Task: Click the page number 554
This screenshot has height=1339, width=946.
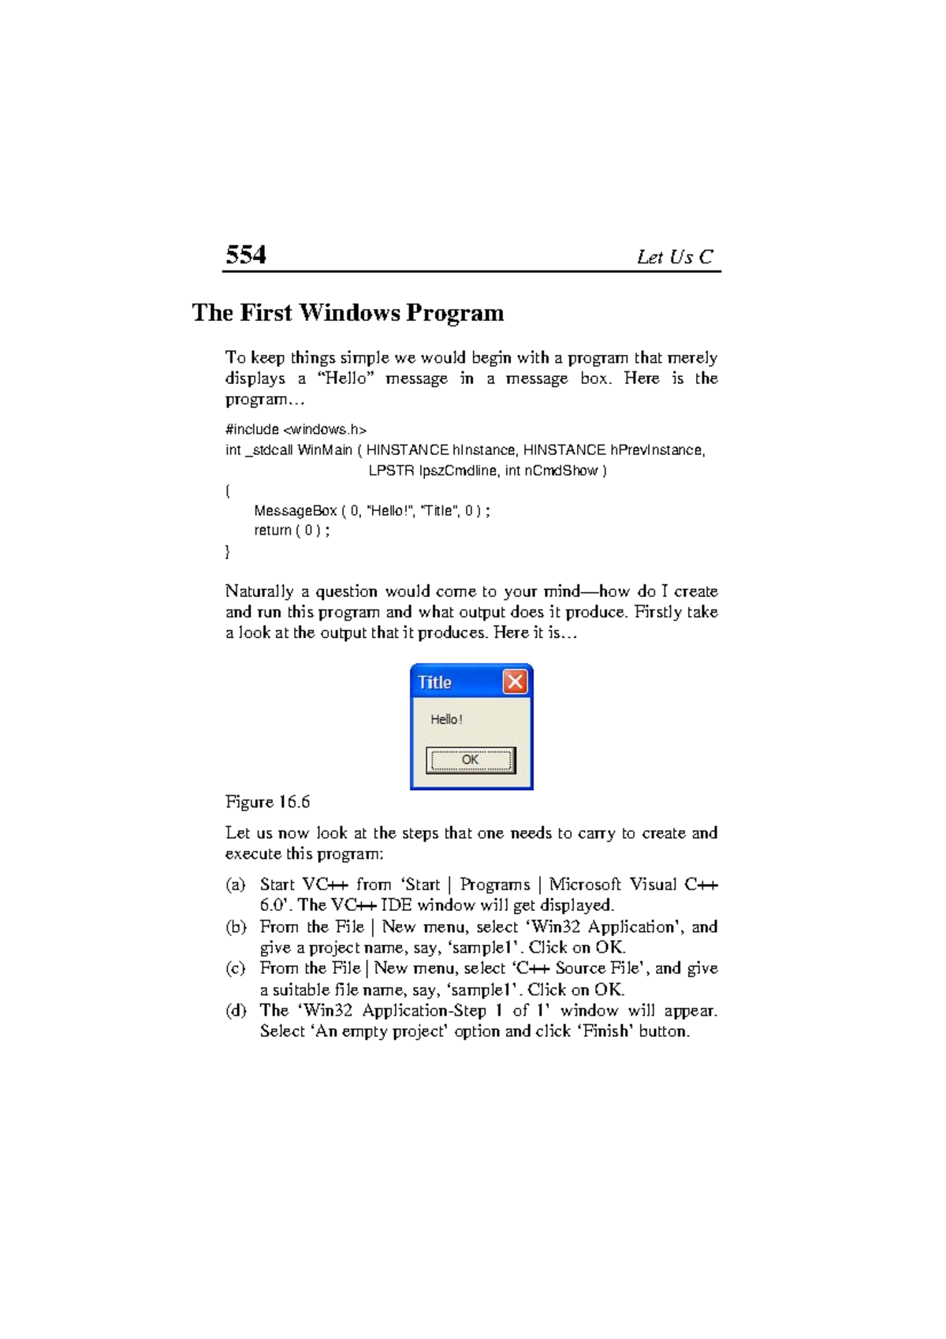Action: pos(245,255)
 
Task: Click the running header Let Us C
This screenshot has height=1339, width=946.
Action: pos(675,257)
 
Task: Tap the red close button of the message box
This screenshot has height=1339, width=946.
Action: pos(515,681)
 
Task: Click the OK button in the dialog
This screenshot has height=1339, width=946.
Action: pos(471,760)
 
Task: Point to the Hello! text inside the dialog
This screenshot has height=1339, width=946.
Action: pos(446,719)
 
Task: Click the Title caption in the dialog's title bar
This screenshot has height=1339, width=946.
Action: pos(434,682)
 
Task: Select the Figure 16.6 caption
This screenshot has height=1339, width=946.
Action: pos(267,802)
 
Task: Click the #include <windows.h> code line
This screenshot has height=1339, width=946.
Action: pos(296,430)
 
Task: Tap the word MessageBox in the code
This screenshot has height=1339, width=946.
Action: pos(295,511)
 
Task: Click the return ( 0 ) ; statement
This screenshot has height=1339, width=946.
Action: pos(291,531)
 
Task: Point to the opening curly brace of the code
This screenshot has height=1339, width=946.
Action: pos(228,491)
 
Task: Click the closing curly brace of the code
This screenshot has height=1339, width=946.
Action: pos(228,552)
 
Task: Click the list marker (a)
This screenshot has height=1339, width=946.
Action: pos(236,885)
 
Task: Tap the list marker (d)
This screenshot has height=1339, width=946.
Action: pos(236,1011)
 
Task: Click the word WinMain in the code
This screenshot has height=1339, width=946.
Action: pos(325,450)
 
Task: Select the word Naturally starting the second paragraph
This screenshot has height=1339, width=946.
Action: pos(259,591)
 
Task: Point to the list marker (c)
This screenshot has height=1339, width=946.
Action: pos(236,968)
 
